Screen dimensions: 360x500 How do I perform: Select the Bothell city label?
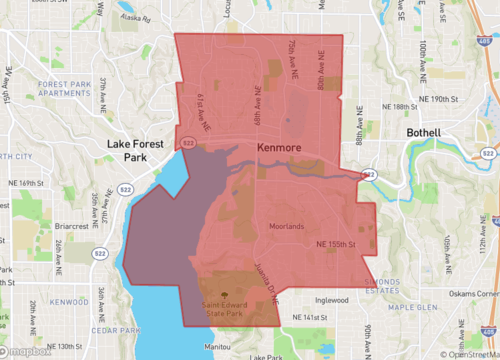[431, 133]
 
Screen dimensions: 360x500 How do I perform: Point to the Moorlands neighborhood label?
[286, 226]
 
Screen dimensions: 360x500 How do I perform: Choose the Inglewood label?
[331, 298]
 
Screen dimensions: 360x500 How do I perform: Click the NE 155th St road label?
[336, 244]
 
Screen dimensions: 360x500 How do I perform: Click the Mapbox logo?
[27, 351]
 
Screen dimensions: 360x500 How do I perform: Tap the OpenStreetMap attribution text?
[467, 353]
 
